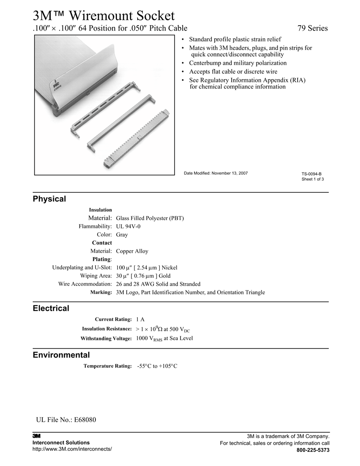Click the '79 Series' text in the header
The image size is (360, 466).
(x=313, y=28)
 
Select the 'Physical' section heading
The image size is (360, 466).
(x=49, y=199)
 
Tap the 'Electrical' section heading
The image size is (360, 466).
(x=51, y=308)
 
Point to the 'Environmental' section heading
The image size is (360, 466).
(x=61, y=355)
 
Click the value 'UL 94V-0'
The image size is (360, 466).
(x=128, y=226)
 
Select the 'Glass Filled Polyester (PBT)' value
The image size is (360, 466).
(x=150, y=218)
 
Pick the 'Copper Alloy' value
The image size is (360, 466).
(x=132, y=251)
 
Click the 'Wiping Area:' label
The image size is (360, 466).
(x=96, y=276)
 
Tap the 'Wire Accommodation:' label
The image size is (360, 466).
(x=85, y=284)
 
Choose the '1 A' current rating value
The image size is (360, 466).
(x=140, y=319)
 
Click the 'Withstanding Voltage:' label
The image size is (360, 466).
(x=106, y=339)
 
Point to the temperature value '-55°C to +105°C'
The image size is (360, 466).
(x=157, y=366)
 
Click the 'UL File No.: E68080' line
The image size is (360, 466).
(x=66, y=420)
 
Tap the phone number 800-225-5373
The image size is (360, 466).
(x=313, y=450)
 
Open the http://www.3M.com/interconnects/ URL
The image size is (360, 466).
(x=72, y=449)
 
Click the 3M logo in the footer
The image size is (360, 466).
(x=36, y=436)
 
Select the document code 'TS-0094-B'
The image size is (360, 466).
(x=311, y=174)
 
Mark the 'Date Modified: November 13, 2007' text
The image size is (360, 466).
(x=216, y=173)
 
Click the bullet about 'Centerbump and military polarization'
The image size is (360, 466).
(x=238, y=63)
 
